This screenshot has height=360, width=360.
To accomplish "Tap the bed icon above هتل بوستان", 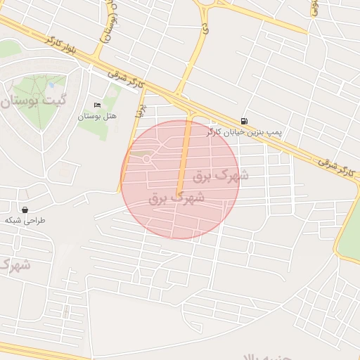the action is (x=97, y=105).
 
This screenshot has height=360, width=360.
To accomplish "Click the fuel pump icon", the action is (x=244, y=121).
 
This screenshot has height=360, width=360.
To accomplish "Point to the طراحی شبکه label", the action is (x=25, y=220).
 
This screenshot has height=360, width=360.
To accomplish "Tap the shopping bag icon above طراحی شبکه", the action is (x=25, y=210).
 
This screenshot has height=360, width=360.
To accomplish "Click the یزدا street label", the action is (x=141, y=110).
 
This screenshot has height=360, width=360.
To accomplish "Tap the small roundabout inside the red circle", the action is (x=146, y=159).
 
